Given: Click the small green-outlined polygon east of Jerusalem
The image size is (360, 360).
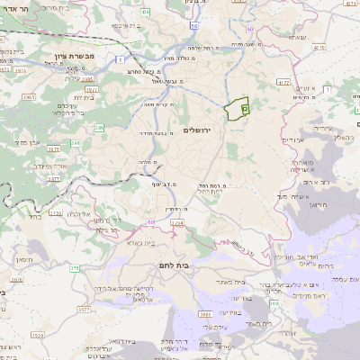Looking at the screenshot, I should click(238, 109).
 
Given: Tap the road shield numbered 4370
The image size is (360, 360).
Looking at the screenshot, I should click(283, 82).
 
